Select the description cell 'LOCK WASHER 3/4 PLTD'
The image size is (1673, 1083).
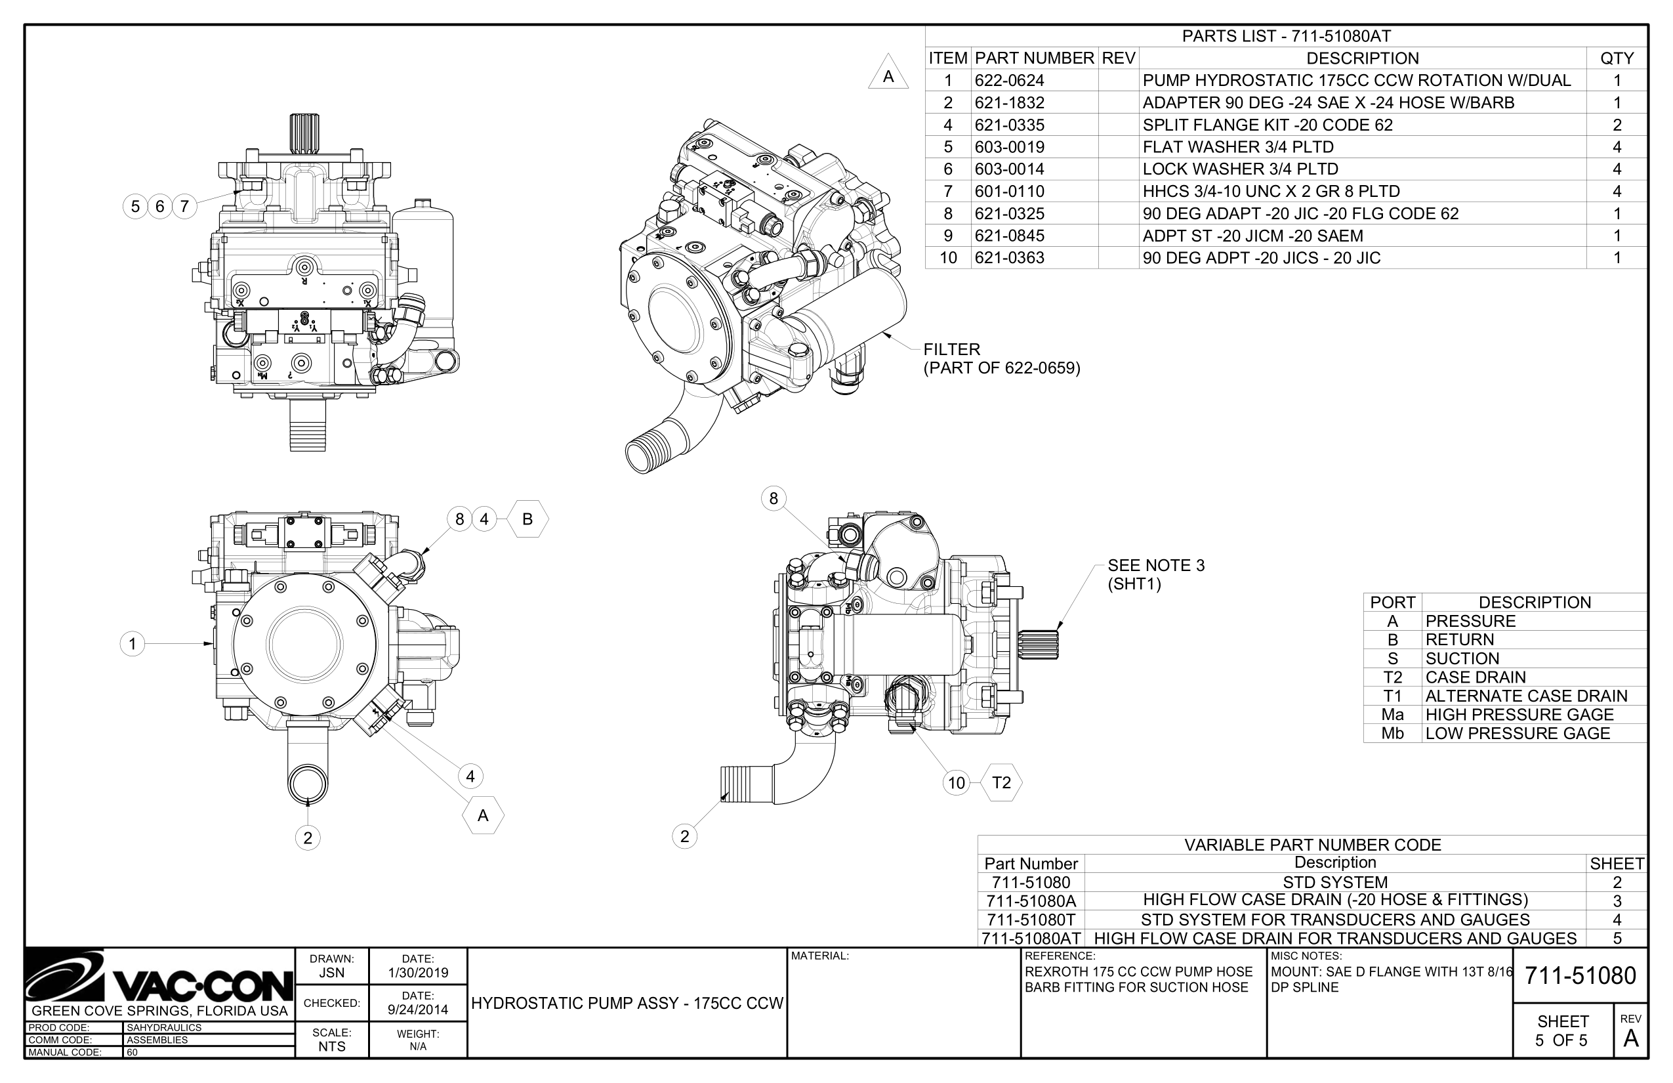tap(1239, 169)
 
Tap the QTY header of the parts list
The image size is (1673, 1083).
tap(1616, 58)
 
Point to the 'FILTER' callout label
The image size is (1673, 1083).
tap(951, 349)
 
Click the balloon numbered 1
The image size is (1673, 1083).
tap(132, 643)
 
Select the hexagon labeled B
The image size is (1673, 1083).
tap(527, 519)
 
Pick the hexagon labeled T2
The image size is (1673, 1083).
tap(1001, 782)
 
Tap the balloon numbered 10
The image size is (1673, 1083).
tap(956, 782)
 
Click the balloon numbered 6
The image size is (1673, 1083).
tap(159, 206)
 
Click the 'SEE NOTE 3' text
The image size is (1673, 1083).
tap(1155, 565)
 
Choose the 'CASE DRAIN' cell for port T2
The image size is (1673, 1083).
tap(1475, 677)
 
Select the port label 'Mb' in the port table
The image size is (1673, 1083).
tap(1392, 734)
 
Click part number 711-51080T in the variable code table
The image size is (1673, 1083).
tap(1031, 920)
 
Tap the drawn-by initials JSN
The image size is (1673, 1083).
tap(331, 973)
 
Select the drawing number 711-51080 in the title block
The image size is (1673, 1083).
tap(1580, 975)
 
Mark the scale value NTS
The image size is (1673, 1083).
tap(331, 1046)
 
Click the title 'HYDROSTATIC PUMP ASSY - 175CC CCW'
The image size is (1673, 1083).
tap(627, 1004)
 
